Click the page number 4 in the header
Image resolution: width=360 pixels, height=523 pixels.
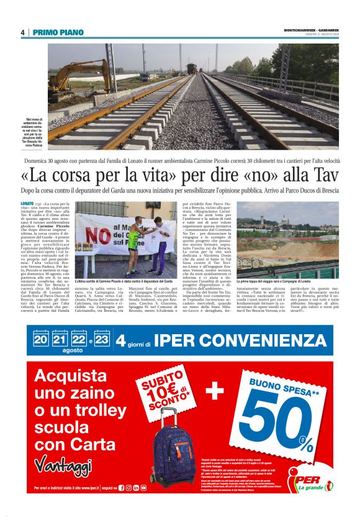coord(22,32)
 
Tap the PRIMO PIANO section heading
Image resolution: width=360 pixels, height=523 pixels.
coord(58,32)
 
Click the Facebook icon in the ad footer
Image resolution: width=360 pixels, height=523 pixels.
coord(121,488)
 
